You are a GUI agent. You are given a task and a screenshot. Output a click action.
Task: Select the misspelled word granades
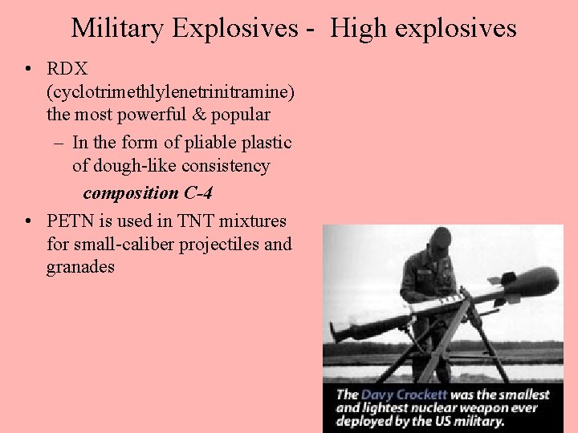pyautogui.click(x=80, y=266)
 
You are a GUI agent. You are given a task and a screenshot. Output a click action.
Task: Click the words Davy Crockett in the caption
pyautogui.click(x=406, y=395)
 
